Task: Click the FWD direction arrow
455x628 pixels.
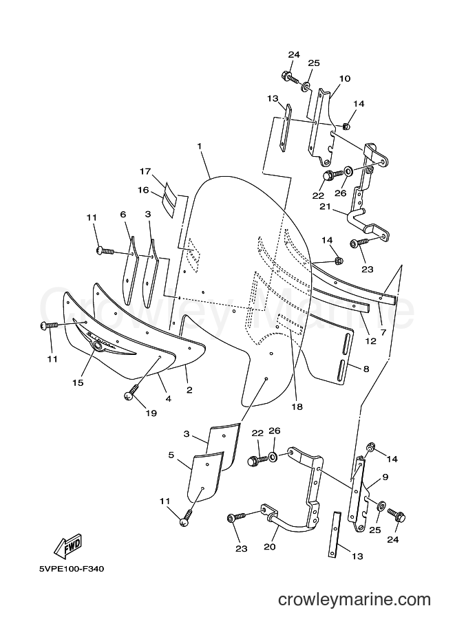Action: click(x=68, y=546)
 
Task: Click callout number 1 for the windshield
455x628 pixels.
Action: click(x=199, y=147)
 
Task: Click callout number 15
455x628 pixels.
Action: click(x=78, y=382)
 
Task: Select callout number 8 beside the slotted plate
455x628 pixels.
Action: click(x=366, y=369)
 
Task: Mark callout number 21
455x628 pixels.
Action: click(x=325, y=206)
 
